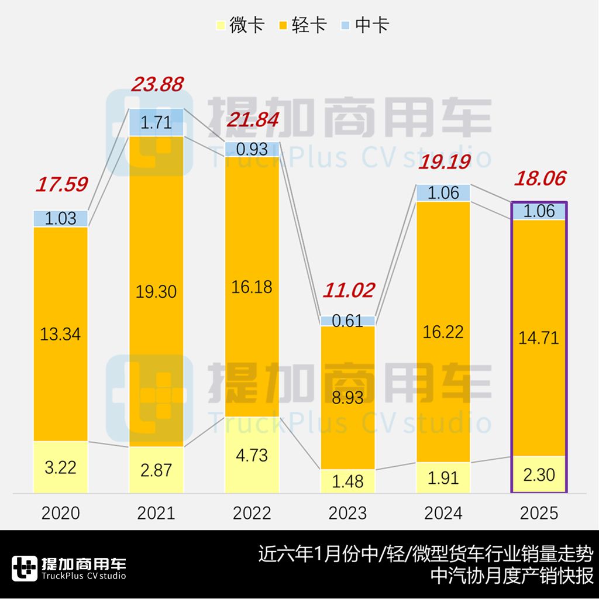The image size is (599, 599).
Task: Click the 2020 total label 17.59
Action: pyautogui.click(x=61, y=184)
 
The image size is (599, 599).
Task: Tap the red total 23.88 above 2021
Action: pyautogui.click(x=157, y=84)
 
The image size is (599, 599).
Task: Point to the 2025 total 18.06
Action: pyautogui.click(x=540, y=178)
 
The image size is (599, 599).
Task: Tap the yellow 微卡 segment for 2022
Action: pyautogui.click(x=252, y=455)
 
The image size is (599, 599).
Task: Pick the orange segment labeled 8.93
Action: pyautogui.click(x=347, y=398)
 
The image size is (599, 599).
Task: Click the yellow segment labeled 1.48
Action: pyautogui.click(x=347, y=481)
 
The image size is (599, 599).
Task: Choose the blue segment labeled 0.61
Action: pyautogui.click(x=347, y=321)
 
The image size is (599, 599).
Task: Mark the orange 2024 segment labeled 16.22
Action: pyautogui.click(x=443, y=332)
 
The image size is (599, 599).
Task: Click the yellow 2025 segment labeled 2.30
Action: pyautogui.click(x=539, y=474)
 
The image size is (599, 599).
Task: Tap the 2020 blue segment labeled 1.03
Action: pyautogui.click(x=61, y=219)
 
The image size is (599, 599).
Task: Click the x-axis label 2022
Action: pyautogui.click(x=252, y=513)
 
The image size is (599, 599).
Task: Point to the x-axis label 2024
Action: pyautogui.click(x=443, y=513)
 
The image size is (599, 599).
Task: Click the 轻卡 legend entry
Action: pyautogui.click(x=302, y=26)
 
